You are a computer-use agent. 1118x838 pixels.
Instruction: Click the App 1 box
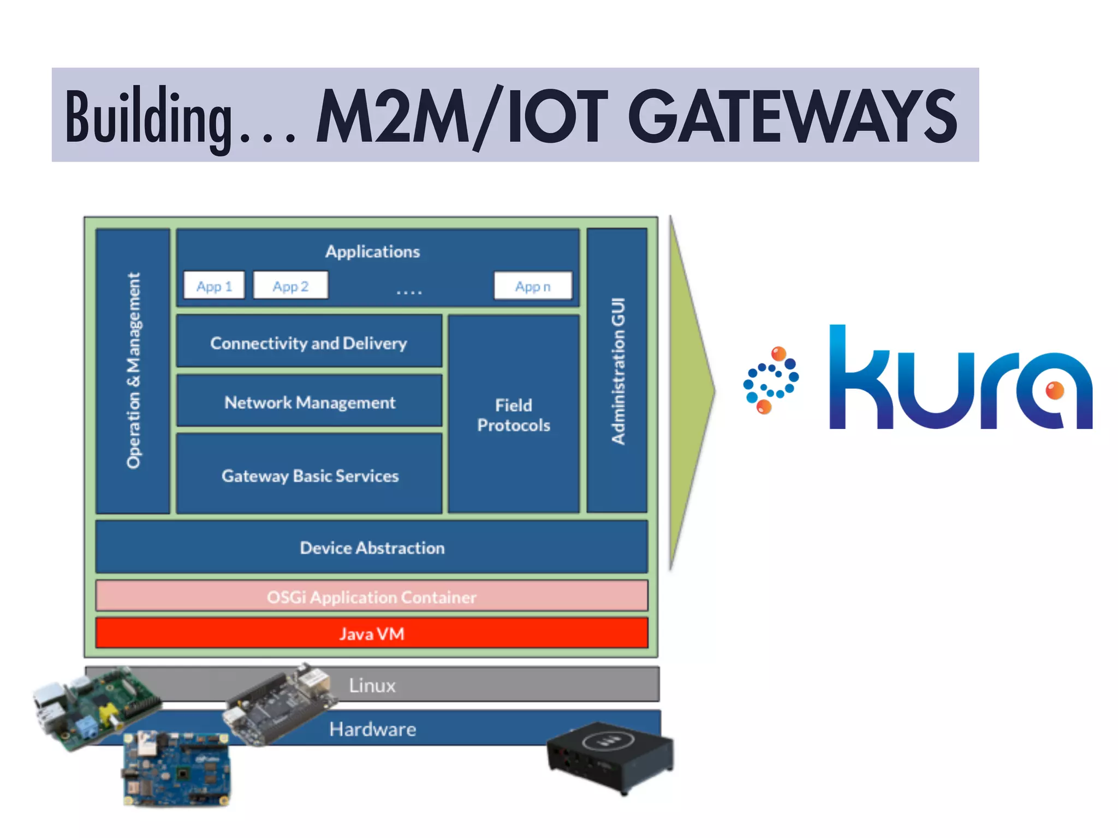click(x=214, y=285)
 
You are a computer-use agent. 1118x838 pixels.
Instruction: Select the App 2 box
click(x=290, y=285)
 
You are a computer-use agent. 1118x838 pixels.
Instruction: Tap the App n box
click(x=533, y=285)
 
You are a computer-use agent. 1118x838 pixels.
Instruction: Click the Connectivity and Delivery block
click(x=309, y=342)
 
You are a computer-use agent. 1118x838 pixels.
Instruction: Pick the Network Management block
click(x=309, y=402)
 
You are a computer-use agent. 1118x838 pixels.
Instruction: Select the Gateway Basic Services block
click(x=309, y=475)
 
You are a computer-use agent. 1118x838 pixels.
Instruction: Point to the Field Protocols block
click(x=513, y=415)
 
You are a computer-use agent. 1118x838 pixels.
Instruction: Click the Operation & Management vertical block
click(x=133, y=371)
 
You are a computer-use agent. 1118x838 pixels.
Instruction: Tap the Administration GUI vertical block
click(x=617, y=371)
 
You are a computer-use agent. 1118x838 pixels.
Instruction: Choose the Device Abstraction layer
click(x=372, y=547)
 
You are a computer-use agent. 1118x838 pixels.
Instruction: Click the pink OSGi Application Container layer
click(x=372, y=596)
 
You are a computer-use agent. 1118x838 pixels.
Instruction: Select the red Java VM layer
click(x=372, y=633)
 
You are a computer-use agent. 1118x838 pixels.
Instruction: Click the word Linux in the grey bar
click(x=372, y=685)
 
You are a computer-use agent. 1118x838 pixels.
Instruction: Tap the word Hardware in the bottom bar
click(x=372, y=729)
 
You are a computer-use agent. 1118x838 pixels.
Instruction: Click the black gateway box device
click(x=610, y=756)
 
